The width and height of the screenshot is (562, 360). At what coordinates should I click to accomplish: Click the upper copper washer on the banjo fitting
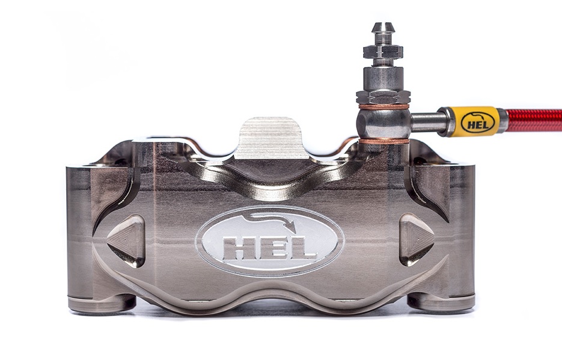tap(383, 106)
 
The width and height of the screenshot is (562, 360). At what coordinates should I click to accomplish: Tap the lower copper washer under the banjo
tap(383, 141)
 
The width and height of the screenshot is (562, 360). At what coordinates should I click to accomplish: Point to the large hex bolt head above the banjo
tap(383, 96)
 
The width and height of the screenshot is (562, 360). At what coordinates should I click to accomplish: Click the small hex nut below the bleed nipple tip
tap(382, 50)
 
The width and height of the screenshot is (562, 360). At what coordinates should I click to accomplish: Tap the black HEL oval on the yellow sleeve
tap(477, 122)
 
